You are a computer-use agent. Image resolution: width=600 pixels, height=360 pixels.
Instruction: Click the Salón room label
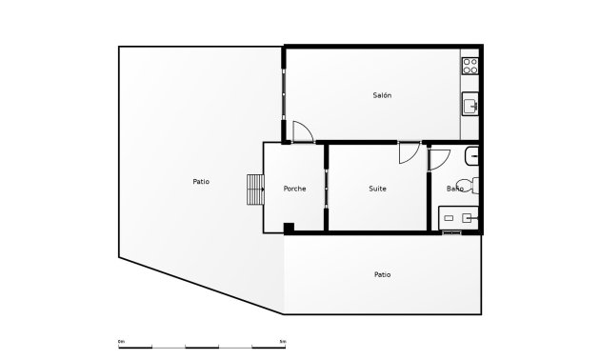(x=382, y=95)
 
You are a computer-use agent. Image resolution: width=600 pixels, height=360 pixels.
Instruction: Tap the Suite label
(x=377, y=189)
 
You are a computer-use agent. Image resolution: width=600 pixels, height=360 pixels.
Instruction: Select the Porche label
(x=294, y=189)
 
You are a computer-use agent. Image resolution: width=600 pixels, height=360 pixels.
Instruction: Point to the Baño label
(x=455, y=189)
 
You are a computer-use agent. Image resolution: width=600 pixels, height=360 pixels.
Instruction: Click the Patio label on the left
(x=201, y=181)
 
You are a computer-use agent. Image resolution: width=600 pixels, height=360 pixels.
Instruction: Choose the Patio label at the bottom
(x=382, y=274)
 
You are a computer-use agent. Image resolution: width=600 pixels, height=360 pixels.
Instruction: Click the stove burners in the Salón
(x=470, y=66)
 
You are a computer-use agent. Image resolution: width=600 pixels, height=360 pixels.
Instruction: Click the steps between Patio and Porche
(x=254, y=189)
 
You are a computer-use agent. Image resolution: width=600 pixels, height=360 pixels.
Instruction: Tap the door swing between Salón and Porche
(x=302, y=131)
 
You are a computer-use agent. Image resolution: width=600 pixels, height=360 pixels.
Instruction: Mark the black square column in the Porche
(x=289, y=227)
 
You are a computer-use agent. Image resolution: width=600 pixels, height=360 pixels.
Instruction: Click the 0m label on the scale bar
(x=121, y=341)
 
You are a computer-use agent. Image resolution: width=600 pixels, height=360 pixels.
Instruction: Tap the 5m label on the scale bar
(x=282, y=341)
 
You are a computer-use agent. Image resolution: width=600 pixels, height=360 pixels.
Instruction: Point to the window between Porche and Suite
(x=326, y=188)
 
